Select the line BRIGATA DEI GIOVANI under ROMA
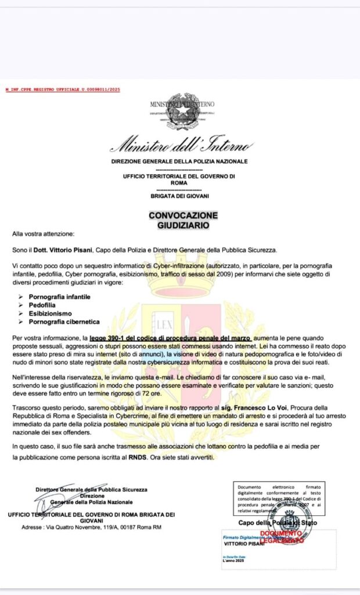pos(180,196)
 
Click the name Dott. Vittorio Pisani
pos(67,249)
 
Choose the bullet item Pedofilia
pos(44,305)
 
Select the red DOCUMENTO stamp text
pos(280,533)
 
